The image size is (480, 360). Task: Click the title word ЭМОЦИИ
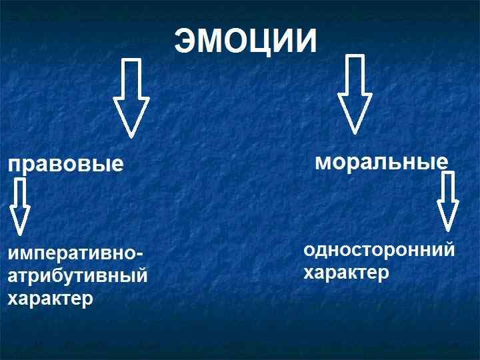[245, 42]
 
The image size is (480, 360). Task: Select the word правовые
[66, 165]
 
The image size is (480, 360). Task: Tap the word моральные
[381, 162]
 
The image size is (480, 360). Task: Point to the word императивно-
[75, 255]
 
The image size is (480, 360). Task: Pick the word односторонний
[379, 251]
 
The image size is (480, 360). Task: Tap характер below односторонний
[346, 273]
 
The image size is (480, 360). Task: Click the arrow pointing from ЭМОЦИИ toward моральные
[355, 93]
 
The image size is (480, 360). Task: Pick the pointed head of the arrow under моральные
[447, 217]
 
